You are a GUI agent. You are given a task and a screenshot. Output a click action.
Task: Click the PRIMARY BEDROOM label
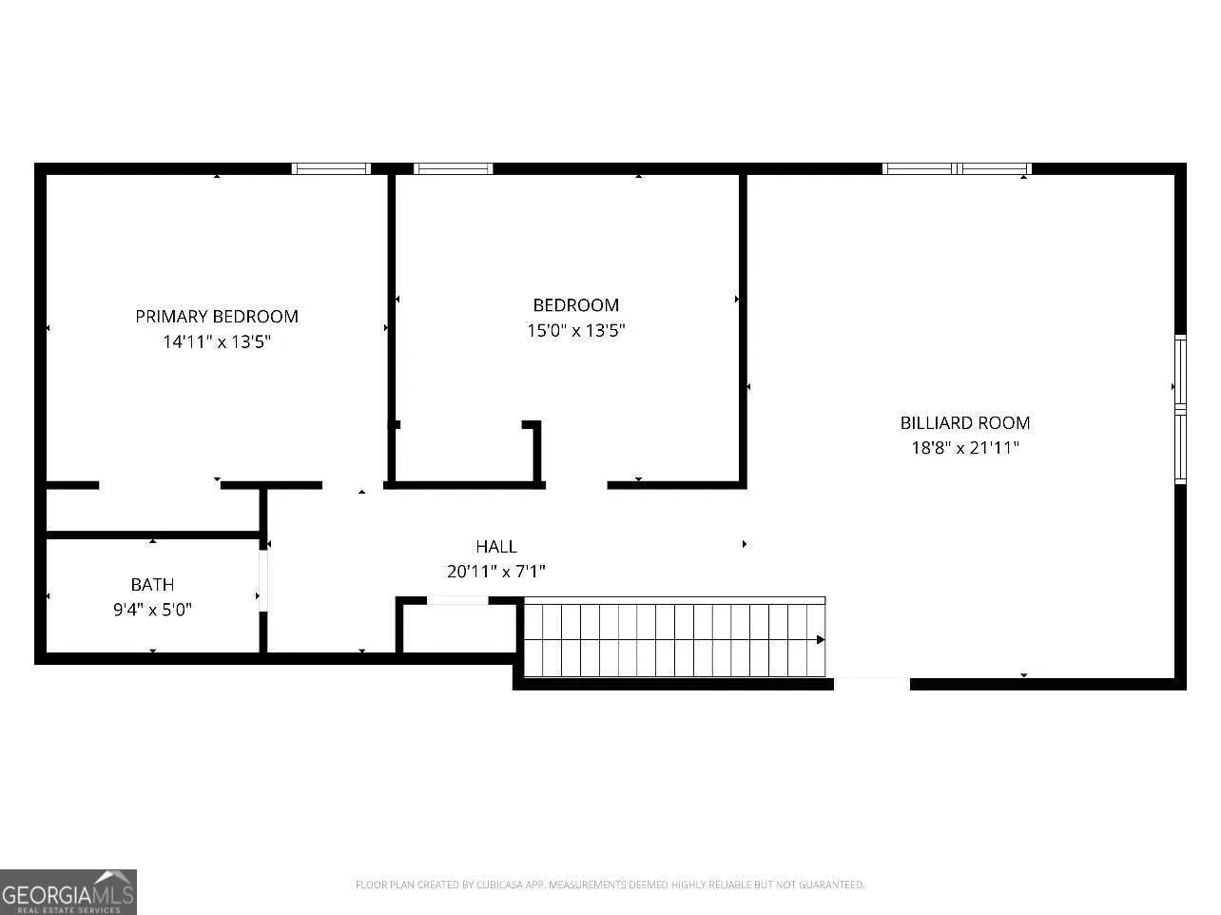217,317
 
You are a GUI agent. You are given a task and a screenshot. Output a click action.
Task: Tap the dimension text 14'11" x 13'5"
217,341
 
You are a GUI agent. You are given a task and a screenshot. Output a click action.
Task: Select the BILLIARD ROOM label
965,422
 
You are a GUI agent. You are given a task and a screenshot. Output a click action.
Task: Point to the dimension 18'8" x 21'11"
965,447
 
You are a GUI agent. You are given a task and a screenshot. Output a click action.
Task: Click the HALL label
496,546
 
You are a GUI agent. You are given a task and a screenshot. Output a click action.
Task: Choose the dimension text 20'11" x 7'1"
496,572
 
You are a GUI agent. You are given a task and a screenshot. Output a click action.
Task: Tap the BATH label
152,585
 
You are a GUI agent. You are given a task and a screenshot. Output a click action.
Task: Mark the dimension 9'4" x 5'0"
152,610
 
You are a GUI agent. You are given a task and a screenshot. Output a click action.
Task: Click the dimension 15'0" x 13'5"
575,330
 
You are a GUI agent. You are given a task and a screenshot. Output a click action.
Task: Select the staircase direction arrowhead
821,640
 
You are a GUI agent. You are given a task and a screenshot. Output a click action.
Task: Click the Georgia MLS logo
68,891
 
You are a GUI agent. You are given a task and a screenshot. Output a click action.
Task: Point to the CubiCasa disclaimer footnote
610,885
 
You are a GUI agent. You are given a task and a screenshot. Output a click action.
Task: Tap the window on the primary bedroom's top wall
331,168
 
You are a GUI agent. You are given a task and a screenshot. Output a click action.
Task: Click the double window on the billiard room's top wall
957,168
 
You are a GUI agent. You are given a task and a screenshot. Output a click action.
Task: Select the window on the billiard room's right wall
1180,409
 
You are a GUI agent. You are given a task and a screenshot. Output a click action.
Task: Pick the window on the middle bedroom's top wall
453,168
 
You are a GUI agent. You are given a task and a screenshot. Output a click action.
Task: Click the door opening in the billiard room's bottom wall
872,684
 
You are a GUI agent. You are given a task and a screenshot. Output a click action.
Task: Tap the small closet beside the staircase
458,629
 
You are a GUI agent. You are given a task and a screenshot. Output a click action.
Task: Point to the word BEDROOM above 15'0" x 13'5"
575,304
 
